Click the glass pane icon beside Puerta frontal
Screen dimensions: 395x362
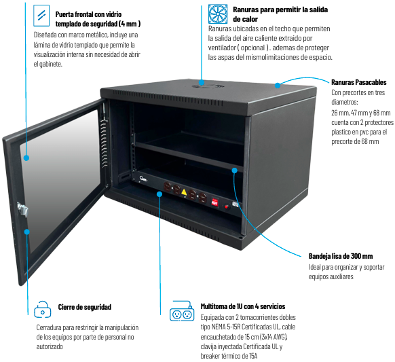pyautogui.click(x=41, y=16)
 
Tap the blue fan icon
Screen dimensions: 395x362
pyautogui.click(x=218, y=14)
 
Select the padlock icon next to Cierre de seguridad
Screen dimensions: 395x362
pyautogui.click(x=42, y=309)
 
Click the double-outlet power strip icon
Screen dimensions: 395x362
pyautogui.click(x=182, y=311)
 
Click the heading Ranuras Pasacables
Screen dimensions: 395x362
pyautogui.click(x=359, y=82)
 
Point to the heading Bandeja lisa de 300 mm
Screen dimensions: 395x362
pyautogui.click(x=341, y=256)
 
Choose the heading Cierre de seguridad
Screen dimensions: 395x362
pyautogui.click(x=85, y=307)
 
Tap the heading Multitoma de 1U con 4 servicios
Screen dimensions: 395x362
pyautogui.click(x=243, y=306)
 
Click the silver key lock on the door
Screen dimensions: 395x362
pyautogui.click(x=22, y=209)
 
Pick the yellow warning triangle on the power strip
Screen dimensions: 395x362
pyautogui.click(x=184, y=192)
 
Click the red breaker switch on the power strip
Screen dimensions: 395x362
pyautogui.click(x=214, y=202)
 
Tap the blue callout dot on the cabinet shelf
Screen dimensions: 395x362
pyautogui.click(x=235, y=170)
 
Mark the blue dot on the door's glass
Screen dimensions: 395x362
pyautogui.click(x=26, y=158)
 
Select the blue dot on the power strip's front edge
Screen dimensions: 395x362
pyautogui.click(x=159, y=194)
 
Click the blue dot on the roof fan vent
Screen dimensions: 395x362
pyautogui.click(x=202, y=82)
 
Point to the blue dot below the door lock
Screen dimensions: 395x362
pyautogui.click(x=26, y=232)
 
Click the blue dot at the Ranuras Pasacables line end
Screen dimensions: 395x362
pyautogui.click(x=278, y=86)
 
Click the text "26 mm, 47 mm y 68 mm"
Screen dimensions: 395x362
pyautogui.click(x=361, y=113)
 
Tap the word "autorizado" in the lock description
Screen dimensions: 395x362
pyautogui.click(x=50, y=346)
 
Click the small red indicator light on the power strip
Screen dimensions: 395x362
pyautogui.click(x=227, y=206)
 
